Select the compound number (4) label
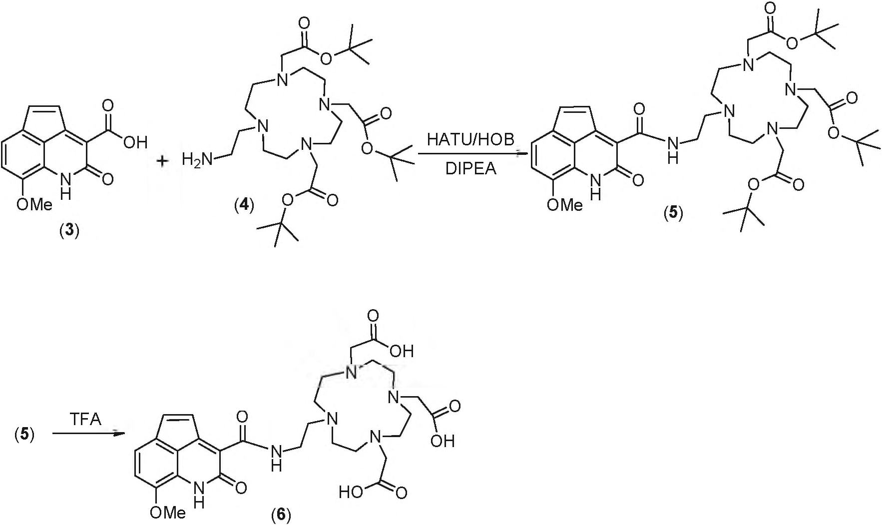coord(244,205)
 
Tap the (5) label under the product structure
coord(673,213)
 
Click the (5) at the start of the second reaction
coord(24,435)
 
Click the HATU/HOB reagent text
coord(470,139)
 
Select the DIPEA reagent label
coord(471,169)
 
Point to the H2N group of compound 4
coord(197,160)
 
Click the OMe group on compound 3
coord(34,204)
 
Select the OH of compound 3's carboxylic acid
coord(135,143)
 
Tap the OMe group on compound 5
coord(565,204)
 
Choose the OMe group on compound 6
coord(168,512)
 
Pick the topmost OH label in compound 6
coord(402,352)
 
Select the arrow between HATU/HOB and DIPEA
coord(471,154)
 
